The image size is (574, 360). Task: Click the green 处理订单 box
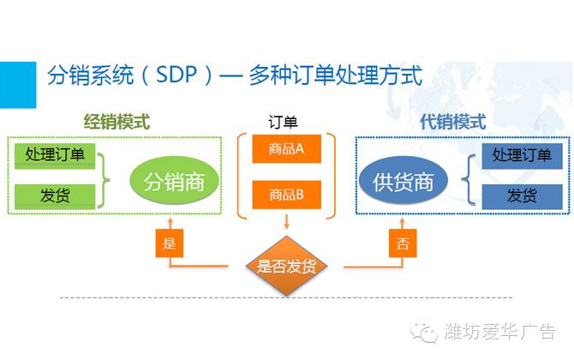coord(55,155)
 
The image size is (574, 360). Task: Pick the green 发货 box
coord(55,195)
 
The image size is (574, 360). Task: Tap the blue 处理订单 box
coord(522,155)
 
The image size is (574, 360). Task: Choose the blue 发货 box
coord(522,195)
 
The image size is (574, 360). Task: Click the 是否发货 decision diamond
coord(287,265)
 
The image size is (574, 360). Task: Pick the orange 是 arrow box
coord(169,243)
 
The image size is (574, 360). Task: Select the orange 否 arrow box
coord(403,243)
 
